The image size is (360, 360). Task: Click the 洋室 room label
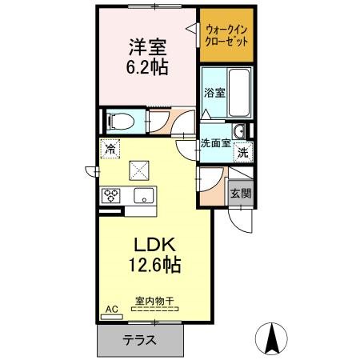[x=147, y=47]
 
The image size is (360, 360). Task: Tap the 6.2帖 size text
[x=147, y=67]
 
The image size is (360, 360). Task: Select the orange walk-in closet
[x=226, y=35]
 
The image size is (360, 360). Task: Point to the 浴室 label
[x=214, y=93]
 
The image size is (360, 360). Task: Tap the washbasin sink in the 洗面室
[x=239, y=131]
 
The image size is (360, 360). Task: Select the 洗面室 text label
[x=215, y=143]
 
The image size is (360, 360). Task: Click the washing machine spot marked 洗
[x=243, y=153]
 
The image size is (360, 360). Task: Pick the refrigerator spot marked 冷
[x=110, y=149]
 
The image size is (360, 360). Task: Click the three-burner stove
[x=111, y=195]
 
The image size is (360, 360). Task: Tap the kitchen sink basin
[x=144, y=196]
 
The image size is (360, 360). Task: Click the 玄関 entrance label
[x=241, y=194]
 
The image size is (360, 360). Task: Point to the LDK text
[x=154, y=245]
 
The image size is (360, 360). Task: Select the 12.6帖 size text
[x=155, y=265]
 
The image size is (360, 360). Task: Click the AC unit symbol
[x=112, y=317]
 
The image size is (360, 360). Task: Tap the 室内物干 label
[x=154, y=302]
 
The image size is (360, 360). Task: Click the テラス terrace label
[x=139, y=340]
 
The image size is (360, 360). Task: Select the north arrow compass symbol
[x=271, y=338]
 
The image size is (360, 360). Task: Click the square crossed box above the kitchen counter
[x=139, y=170]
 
